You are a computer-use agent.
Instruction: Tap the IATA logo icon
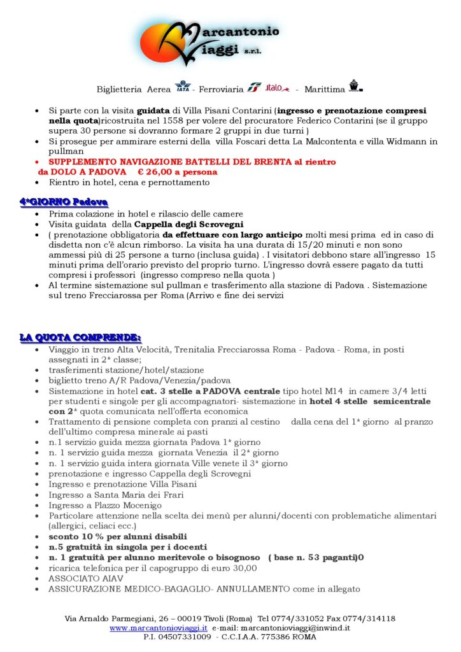(182, 87)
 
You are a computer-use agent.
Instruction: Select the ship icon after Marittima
(355, 87)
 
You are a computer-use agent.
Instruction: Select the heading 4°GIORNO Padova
(63, 202)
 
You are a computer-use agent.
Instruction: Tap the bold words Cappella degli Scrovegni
(189, 224)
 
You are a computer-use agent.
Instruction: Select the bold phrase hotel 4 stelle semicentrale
(370, 401)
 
